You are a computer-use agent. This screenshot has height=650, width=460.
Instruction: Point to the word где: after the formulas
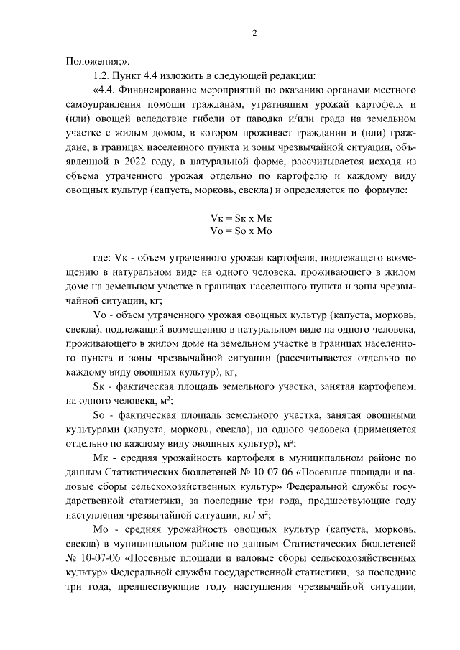click(x=103, y=257)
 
